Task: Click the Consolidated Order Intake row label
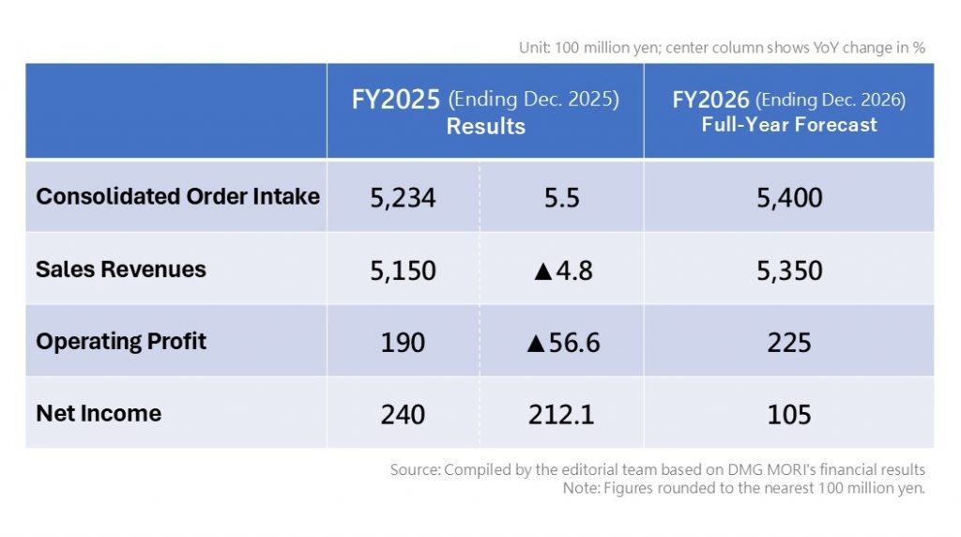point(177,196)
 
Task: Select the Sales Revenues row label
point(120,269)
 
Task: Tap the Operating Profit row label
point(121,341)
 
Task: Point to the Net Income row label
point(99,413)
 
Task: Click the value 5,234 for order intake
point(403,198)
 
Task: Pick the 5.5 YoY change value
point(561,198)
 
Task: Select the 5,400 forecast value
point(788,198)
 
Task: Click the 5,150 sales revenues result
point(403,270)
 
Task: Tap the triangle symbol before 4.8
point(542,271)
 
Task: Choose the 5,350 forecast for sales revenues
point(788,270)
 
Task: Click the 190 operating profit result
point(403,343)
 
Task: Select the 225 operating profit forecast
point(788,343)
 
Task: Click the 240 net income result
point(403,414)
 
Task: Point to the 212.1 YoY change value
point(561,414)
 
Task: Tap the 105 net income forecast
point(788,414)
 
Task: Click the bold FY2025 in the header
point(395,100)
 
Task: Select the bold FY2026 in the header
point(710,100)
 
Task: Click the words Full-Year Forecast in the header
point(789,125)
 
